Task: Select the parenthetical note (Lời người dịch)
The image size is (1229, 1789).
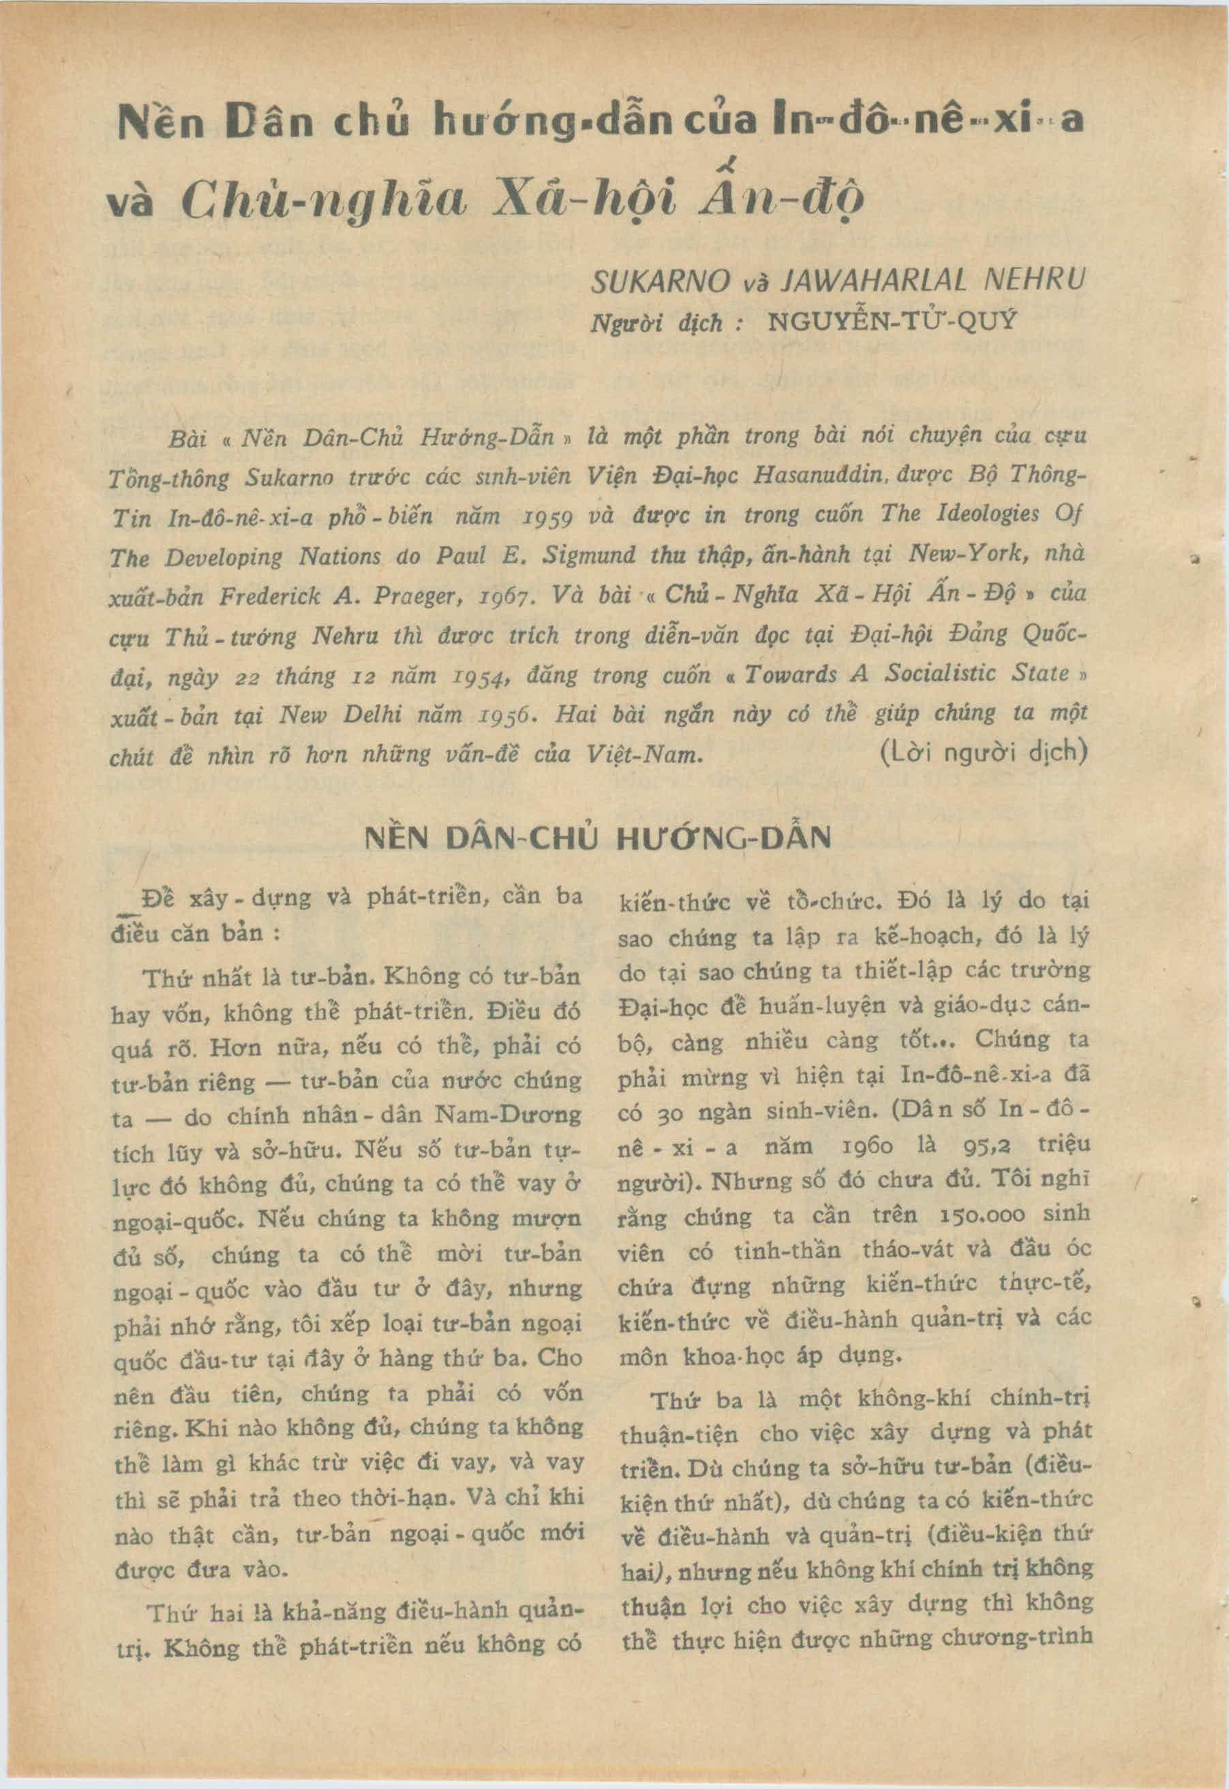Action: (982, 751)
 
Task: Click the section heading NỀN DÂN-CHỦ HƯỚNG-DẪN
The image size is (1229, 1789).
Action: (598, 837)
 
